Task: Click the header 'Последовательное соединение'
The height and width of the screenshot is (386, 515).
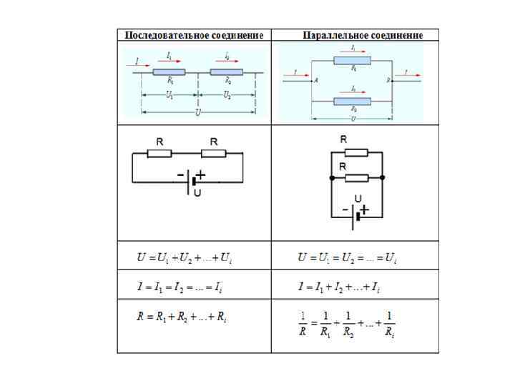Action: (194, 35)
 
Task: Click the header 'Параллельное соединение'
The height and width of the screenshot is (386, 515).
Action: (363, 35)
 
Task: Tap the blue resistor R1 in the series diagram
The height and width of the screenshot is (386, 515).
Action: (170, 72)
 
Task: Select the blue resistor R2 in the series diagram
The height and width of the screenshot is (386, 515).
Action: (226, 72)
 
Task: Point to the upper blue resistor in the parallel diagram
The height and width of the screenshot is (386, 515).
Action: (353, 61)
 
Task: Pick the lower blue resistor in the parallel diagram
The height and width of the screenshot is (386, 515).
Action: (353, 102)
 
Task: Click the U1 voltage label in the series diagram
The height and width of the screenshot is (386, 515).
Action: (169, 95)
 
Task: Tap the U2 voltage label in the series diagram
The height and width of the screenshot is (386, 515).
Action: (226, 95)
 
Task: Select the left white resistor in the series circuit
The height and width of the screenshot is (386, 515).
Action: (160, 153)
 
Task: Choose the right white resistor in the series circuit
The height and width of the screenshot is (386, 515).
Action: (213, 153)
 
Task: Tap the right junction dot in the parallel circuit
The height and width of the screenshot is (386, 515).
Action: (383, 177)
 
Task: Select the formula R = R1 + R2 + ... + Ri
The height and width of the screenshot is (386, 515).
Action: (182, 316)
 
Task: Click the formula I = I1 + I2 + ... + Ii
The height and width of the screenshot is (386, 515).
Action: (339, 287)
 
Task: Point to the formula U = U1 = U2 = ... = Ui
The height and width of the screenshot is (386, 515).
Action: (347, 257)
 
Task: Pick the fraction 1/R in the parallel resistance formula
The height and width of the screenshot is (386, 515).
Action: (304, 322)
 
